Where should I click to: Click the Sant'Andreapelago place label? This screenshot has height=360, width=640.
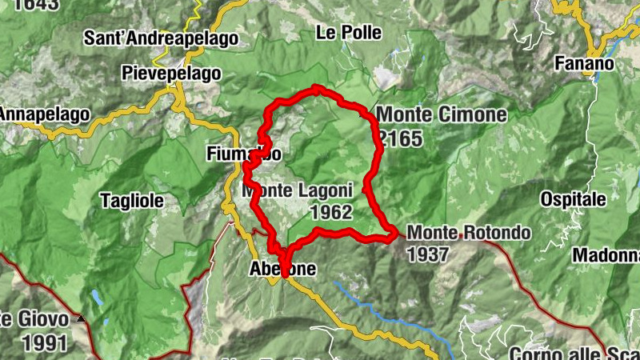(x=162, y=38)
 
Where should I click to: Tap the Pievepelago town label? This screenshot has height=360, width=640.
(x=171, y=73)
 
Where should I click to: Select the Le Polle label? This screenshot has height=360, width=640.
(x=349, y=33)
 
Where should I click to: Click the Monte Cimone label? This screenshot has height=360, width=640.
(x=442, y=115)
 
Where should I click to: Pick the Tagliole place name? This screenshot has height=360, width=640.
(x=133, y=200)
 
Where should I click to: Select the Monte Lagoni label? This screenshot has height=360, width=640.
(x=298, y=191)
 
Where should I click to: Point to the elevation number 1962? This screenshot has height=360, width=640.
(x=330, y=213)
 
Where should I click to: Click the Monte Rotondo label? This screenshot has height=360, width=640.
(x=469, y=233)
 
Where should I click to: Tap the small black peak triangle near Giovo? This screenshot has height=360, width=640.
(x=80, y=318)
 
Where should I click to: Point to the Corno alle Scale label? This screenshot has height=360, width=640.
(x=573, y=353)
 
